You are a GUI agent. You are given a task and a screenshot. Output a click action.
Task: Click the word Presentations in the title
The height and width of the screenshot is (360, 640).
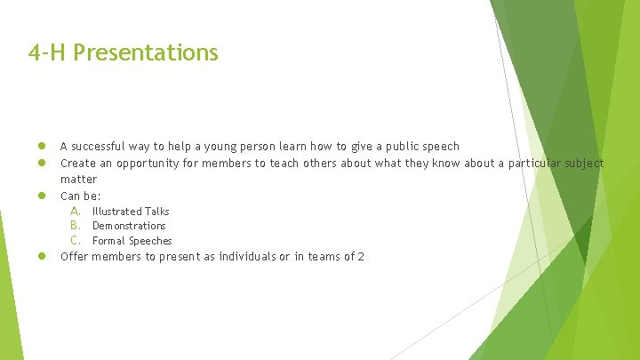pos(146,53)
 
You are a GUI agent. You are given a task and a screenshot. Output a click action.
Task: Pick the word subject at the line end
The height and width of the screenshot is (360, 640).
pos(585,164)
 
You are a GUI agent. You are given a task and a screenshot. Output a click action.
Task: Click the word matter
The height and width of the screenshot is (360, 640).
pos(78,180)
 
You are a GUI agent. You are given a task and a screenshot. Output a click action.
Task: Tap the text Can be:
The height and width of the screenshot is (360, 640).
pos(80,196)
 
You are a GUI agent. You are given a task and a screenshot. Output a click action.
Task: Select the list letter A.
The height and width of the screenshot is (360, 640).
pos(76,212)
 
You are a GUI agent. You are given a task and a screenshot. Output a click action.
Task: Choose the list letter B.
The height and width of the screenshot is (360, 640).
pos(76,226)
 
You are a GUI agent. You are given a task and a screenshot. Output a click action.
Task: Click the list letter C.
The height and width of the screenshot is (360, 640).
pos(76,241)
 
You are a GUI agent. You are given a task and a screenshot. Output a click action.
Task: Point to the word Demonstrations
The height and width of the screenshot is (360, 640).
pos(129,226)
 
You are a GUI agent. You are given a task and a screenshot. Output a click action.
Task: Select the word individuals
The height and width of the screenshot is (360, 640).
pos(230,258)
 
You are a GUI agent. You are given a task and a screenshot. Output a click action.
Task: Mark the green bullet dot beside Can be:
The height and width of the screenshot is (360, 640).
pos(41,196)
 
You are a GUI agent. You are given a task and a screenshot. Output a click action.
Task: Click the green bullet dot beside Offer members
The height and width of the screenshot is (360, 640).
pos(41,258)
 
